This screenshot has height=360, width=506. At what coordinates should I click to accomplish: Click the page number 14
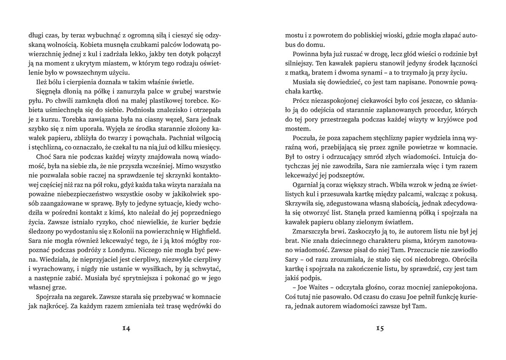pos(126,328)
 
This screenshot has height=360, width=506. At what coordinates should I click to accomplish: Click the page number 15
pos(379,328)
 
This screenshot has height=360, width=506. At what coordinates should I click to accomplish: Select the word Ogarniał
pos(302,184)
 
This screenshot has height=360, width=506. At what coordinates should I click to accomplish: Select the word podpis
pos(316,278)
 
